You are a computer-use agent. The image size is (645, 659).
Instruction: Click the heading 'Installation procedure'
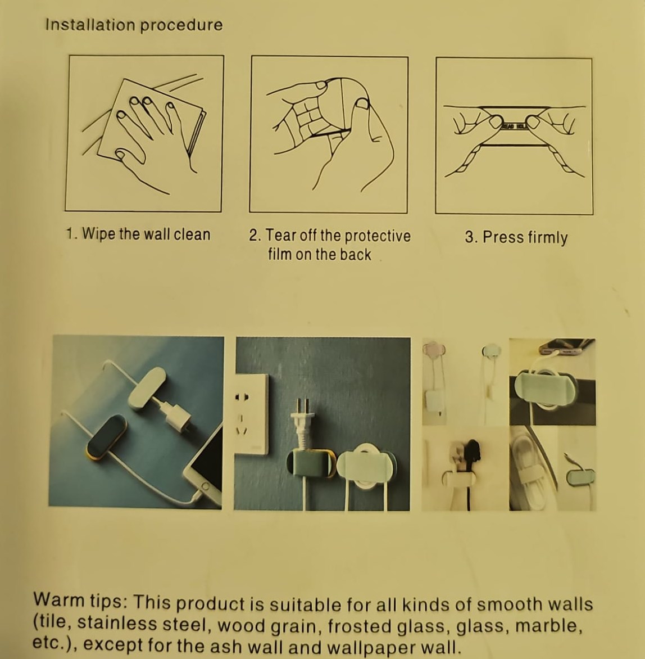click(x=134, y=25)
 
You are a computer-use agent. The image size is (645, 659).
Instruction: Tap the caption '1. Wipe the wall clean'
click(x=138, y=234)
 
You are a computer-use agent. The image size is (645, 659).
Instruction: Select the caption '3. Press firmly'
click(x=516, y=237)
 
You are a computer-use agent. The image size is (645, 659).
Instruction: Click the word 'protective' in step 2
click(x=378, y=236)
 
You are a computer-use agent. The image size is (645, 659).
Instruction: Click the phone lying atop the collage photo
click(x=565, y=347)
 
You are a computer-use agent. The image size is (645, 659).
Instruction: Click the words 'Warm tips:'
click(x=80, y=601)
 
